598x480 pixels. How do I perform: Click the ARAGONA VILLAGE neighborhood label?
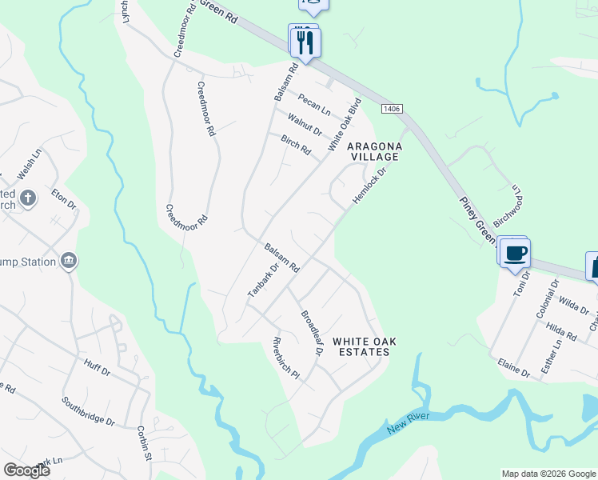point(372,152)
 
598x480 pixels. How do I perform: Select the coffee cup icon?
point(516,254)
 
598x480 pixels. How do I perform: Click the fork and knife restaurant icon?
point(304,42)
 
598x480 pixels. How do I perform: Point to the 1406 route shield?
point(391,108)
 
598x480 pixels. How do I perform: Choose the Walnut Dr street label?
point(305,125)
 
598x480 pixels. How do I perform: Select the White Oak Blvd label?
point(345,125)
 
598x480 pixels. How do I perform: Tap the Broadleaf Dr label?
point(311,333)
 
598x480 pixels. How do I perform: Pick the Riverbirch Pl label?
point(285,358)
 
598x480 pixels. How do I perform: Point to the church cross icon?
point(27,198)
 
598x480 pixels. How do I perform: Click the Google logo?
point(27,470)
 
